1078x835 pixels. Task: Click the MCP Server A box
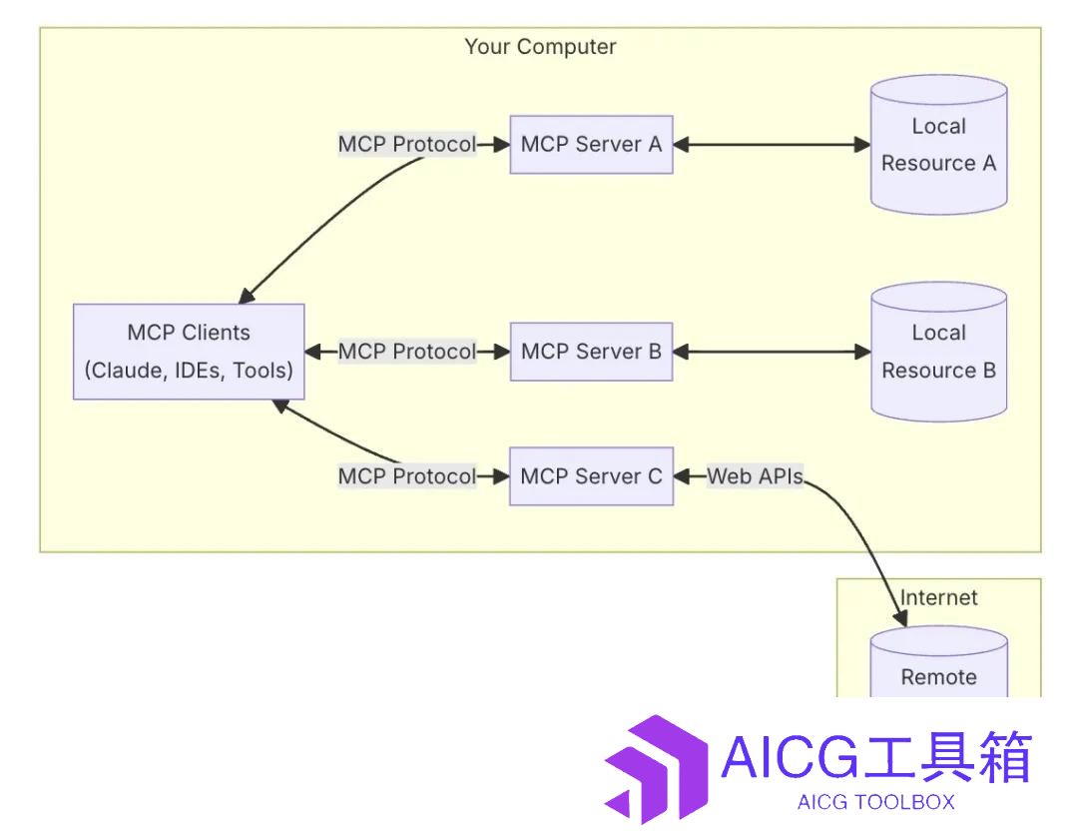(x=591, y=145)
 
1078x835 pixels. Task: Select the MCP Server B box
(x=591, y=352)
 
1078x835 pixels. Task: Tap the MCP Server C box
(x=591, y=476)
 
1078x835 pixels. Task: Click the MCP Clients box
(x=189, y=352)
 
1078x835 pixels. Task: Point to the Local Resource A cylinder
(x=939, y=145)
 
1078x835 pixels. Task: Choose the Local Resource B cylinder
(x=939, y=352)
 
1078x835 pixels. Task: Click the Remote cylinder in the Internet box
(x=939, y=661)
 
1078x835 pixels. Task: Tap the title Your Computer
(x=540, y=47)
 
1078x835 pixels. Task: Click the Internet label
(x=939, y=597)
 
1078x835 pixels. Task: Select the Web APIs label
(x=755, y=476)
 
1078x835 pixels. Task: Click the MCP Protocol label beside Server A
(x=407, y=145)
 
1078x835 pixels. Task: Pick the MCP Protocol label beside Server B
(x=407, y=352)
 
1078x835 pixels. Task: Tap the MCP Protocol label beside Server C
(x=407, y=476)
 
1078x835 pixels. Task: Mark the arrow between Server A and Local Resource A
(x=772, y=145)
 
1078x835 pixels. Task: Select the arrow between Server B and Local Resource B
(x=772, y=352)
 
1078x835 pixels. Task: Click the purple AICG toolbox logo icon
(x=656, y=769)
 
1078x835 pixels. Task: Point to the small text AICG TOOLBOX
(x=876, y=802)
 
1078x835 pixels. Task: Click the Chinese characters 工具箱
(x=948, y=756)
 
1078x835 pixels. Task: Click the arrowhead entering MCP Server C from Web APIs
(x=682, y=476)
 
